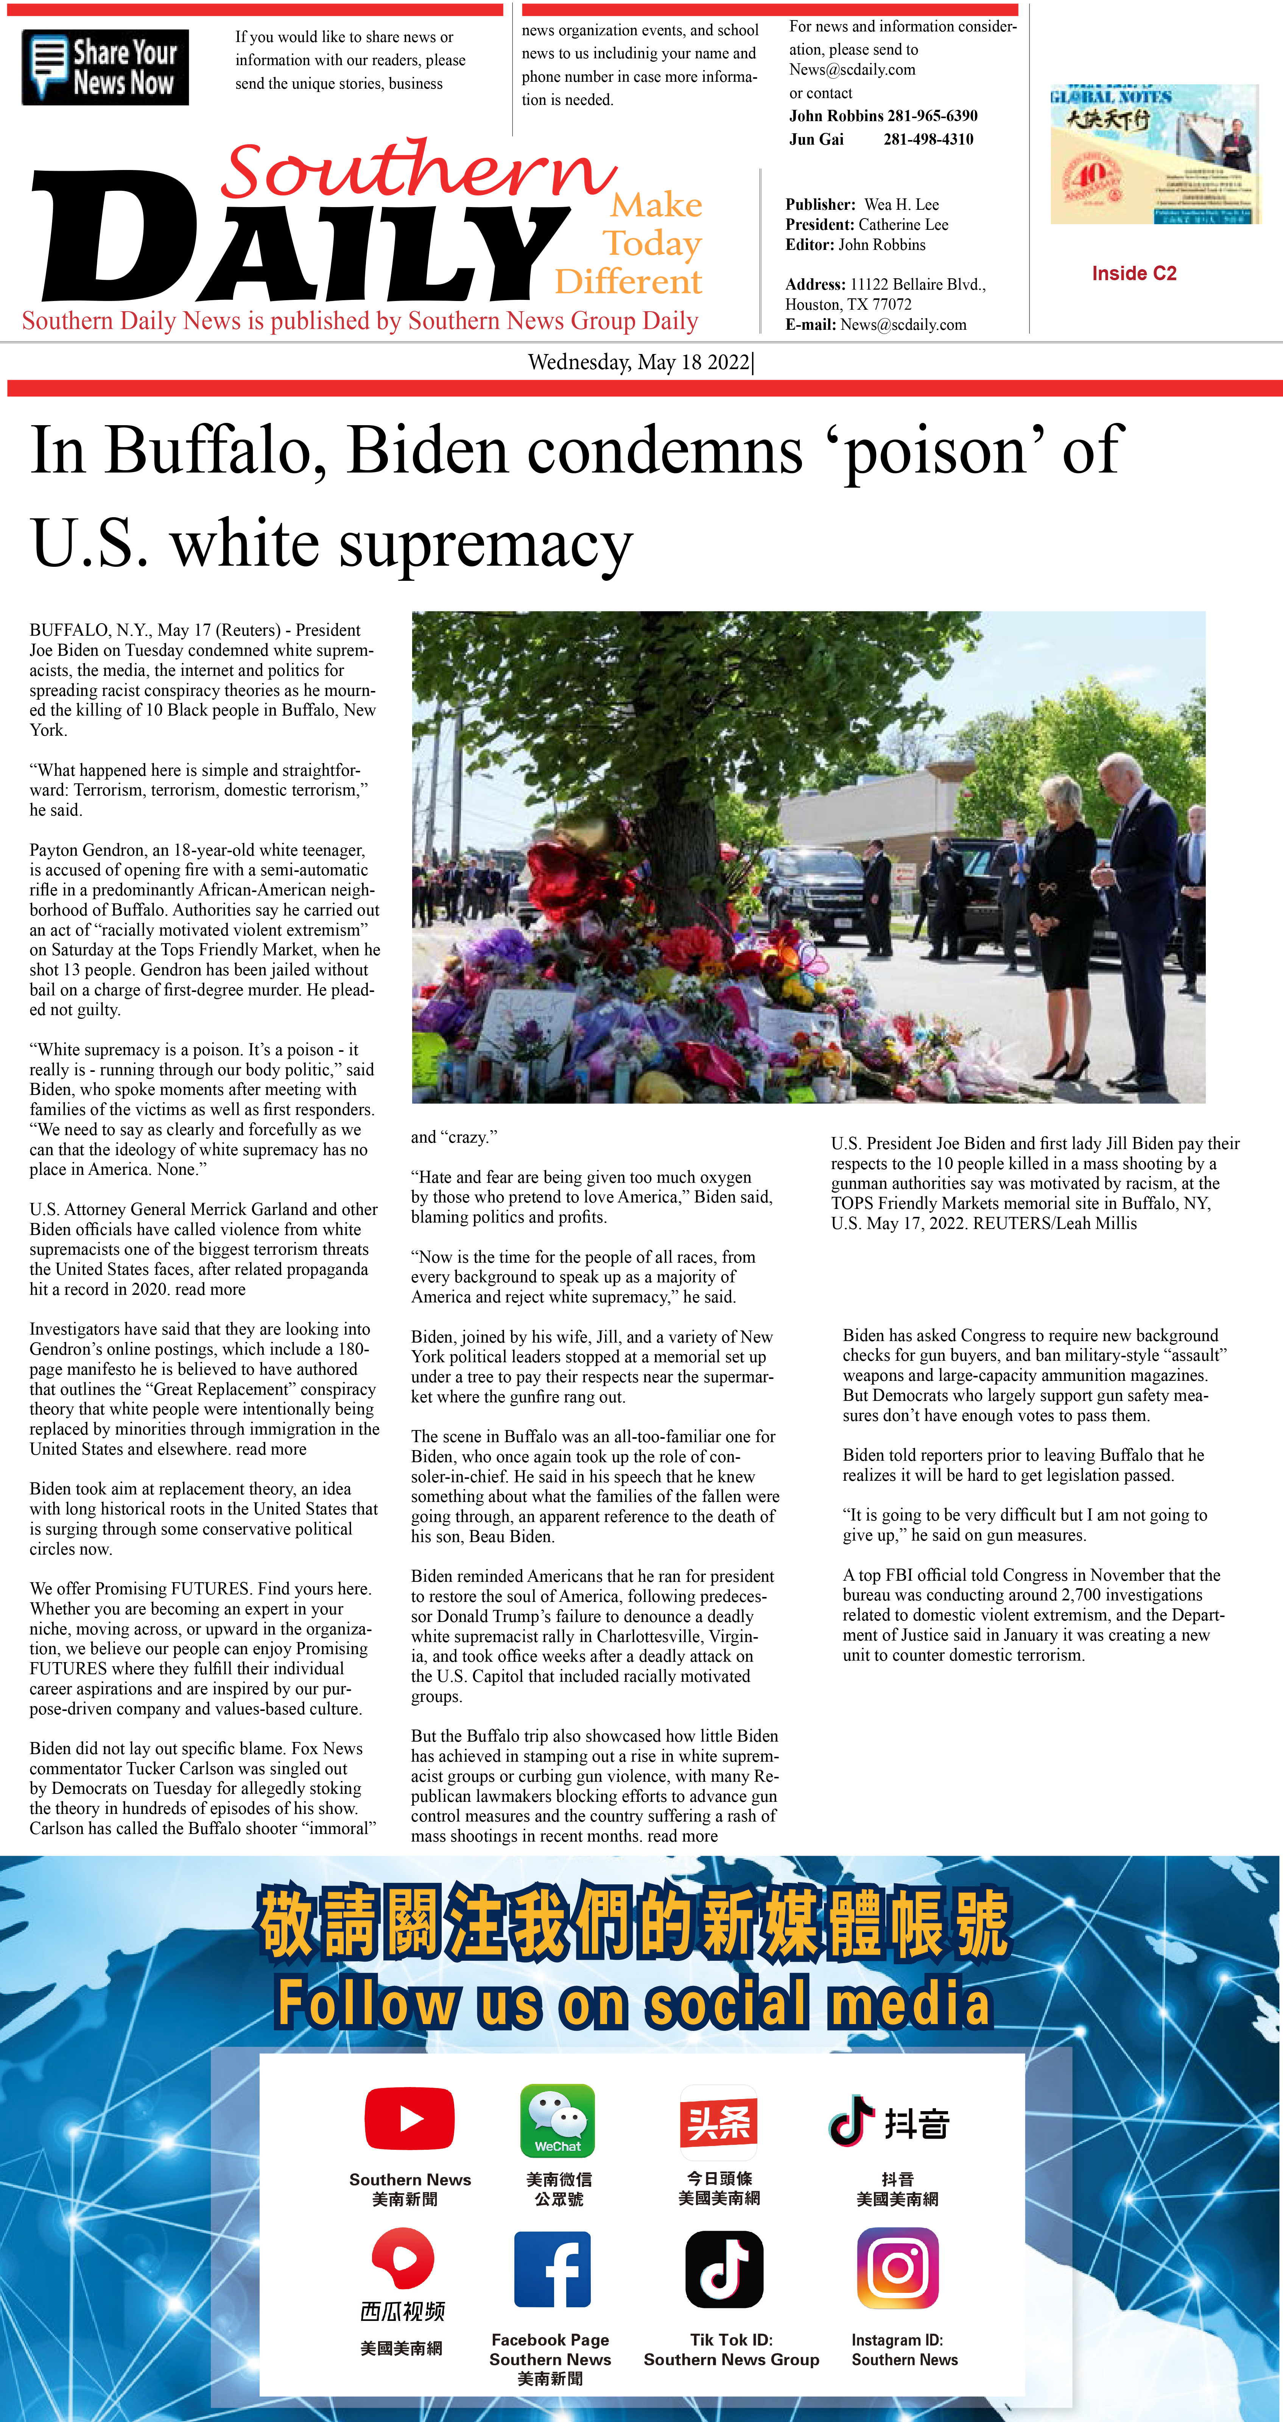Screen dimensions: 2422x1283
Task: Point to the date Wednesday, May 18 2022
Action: (639, 362)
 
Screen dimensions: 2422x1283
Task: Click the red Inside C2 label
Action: (1134, 274)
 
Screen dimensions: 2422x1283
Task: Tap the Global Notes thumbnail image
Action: (1154, 154)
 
